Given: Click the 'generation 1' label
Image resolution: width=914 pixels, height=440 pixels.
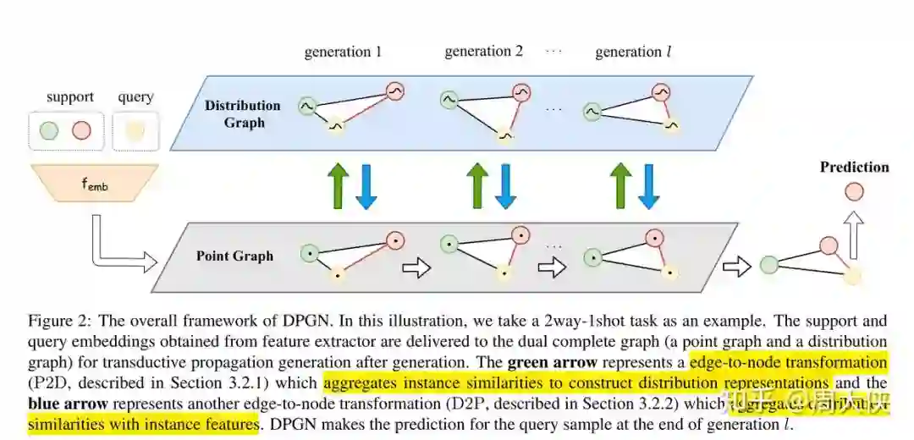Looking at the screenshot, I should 343,52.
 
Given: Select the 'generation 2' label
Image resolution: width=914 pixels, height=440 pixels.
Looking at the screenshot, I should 483,52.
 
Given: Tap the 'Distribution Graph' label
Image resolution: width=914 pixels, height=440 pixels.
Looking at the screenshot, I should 243,113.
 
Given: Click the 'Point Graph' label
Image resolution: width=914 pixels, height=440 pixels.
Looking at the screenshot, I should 234,256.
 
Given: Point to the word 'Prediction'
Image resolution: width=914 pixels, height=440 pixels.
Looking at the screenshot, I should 854,167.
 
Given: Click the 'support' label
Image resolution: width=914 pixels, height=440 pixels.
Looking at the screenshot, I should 70,96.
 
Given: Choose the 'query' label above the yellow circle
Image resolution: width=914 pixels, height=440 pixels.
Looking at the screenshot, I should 135,96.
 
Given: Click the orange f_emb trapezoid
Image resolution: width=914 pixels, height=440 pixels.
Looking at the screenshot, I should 96,183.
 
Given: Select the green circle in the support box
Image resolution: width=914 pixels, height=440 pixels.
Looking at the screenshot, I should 49,130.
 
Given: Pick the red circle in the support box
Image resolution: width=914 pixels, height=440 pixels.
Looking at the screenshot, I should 81,130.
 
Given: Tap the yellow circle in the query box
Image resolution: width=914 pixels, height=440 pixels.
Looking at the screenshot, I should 135,130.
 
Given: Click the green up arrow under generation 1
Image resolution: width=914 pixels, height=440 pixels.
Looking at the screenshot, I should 337,185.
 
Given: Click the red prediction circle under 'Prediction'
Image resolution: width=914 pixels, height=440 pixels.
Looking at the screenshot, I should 854,191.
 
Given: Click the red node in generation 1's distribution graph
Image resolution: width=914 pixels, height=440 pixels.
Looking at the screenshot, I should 394,91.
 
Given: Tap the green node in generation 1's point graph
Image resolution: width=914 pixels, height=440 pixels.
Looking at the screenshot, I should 310,252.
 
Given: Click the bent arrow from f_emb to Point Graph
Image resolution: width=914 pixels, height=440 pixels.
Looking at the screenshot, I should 110,250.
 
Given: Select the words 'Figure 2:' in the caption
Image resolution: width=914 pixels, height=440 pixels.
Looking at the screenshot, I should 57,322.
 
